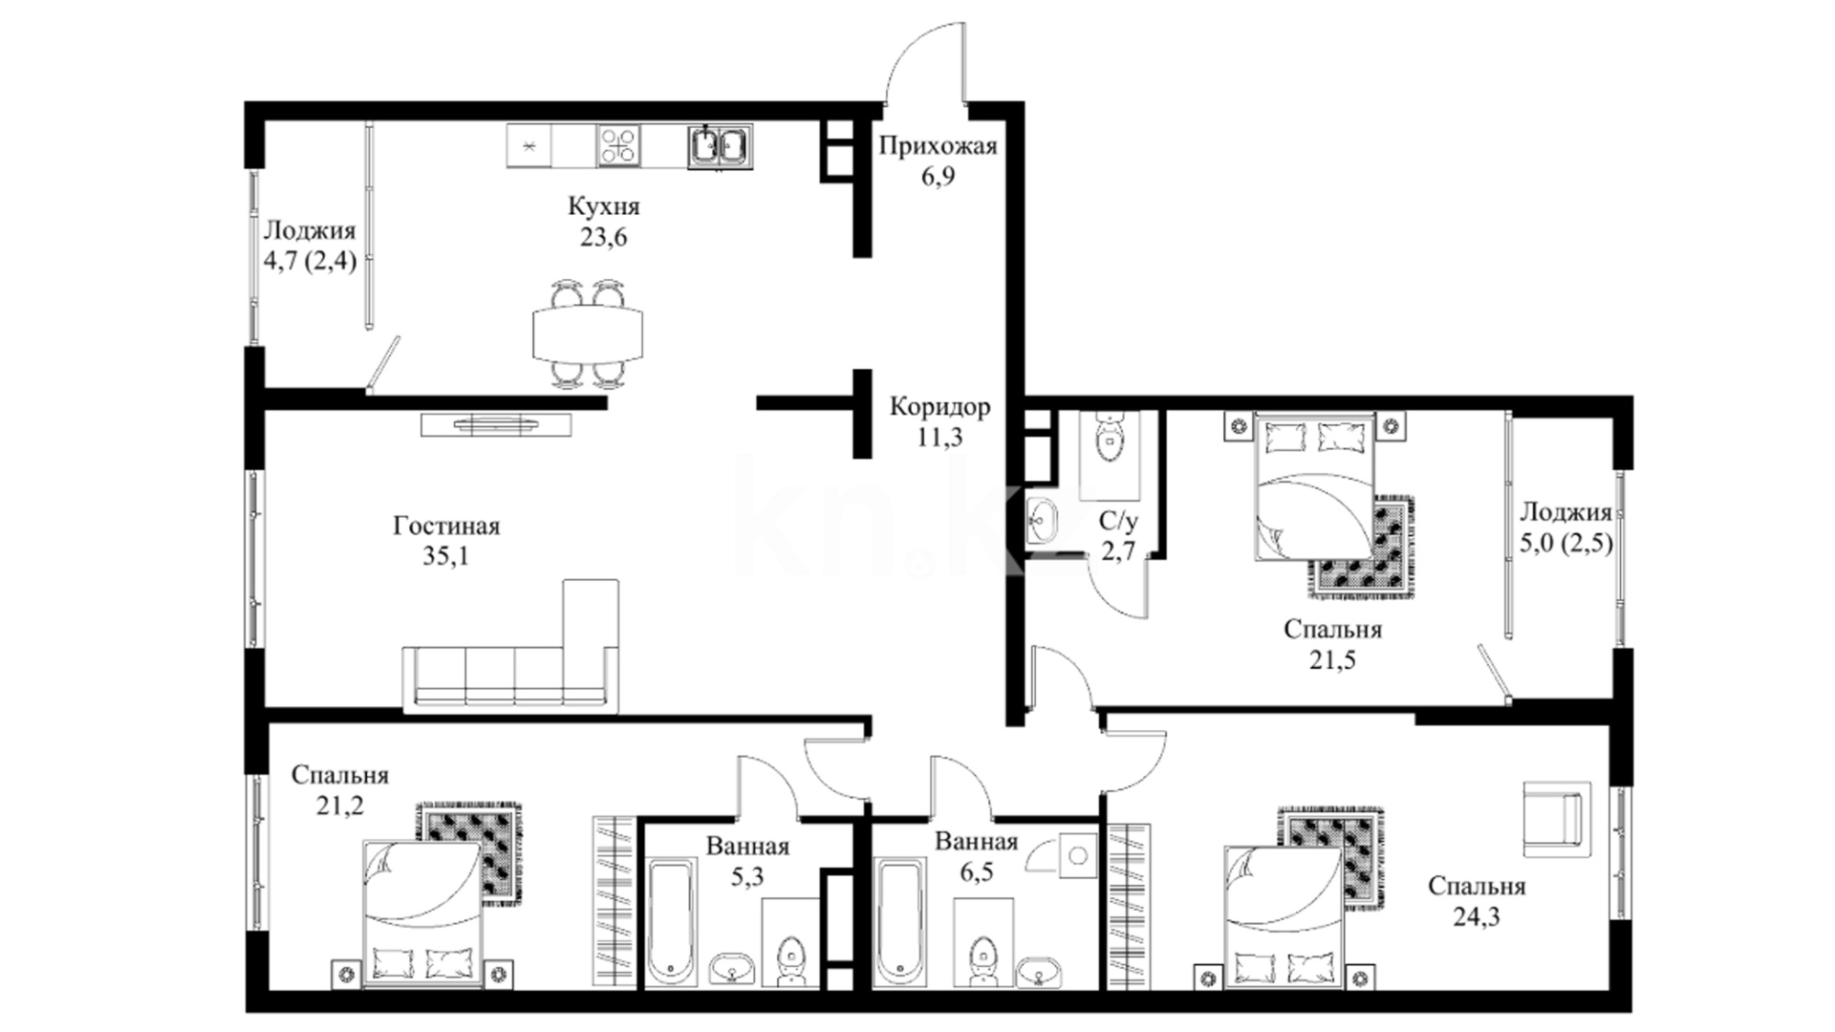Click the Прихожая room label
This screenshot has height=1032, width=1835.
(x=938, y=146)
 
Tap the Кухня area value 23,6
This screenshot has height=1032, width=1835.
(x=603, y=237)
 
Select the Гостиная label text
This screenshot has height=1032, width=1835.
(x=446, y=526)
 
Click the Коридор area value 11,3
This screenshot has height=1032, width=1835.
(x=939, y=438)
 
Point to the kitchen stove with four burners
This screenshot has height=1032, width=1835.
(x=618, y=146)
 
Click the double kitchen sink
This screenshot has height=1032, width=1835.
(x=720, y=146)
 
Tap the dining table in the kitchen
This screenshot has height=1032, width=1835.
(x=588, y=333)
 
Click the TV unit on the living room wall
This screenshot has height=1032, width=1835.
(x=496, y=423)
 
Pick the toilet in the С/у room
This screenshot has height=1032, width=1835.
(x=1109, y=436)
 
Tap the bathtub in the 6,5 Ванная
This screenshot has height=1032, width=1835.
(x=900, y=923)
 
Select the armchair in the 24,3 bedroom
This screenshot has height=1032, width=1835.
(x=1553, y=819)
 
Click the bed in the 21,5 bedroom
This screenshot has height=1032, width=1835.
(x=1315, y=486)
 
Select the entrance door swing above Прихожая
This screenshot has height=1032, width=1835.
(x=924, y=59)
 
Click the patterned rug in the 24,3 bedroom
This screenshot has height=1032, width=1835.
(x=1331, y=855)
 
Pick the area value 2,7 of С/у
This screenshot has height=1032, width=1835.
(x=1118, y=551)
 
